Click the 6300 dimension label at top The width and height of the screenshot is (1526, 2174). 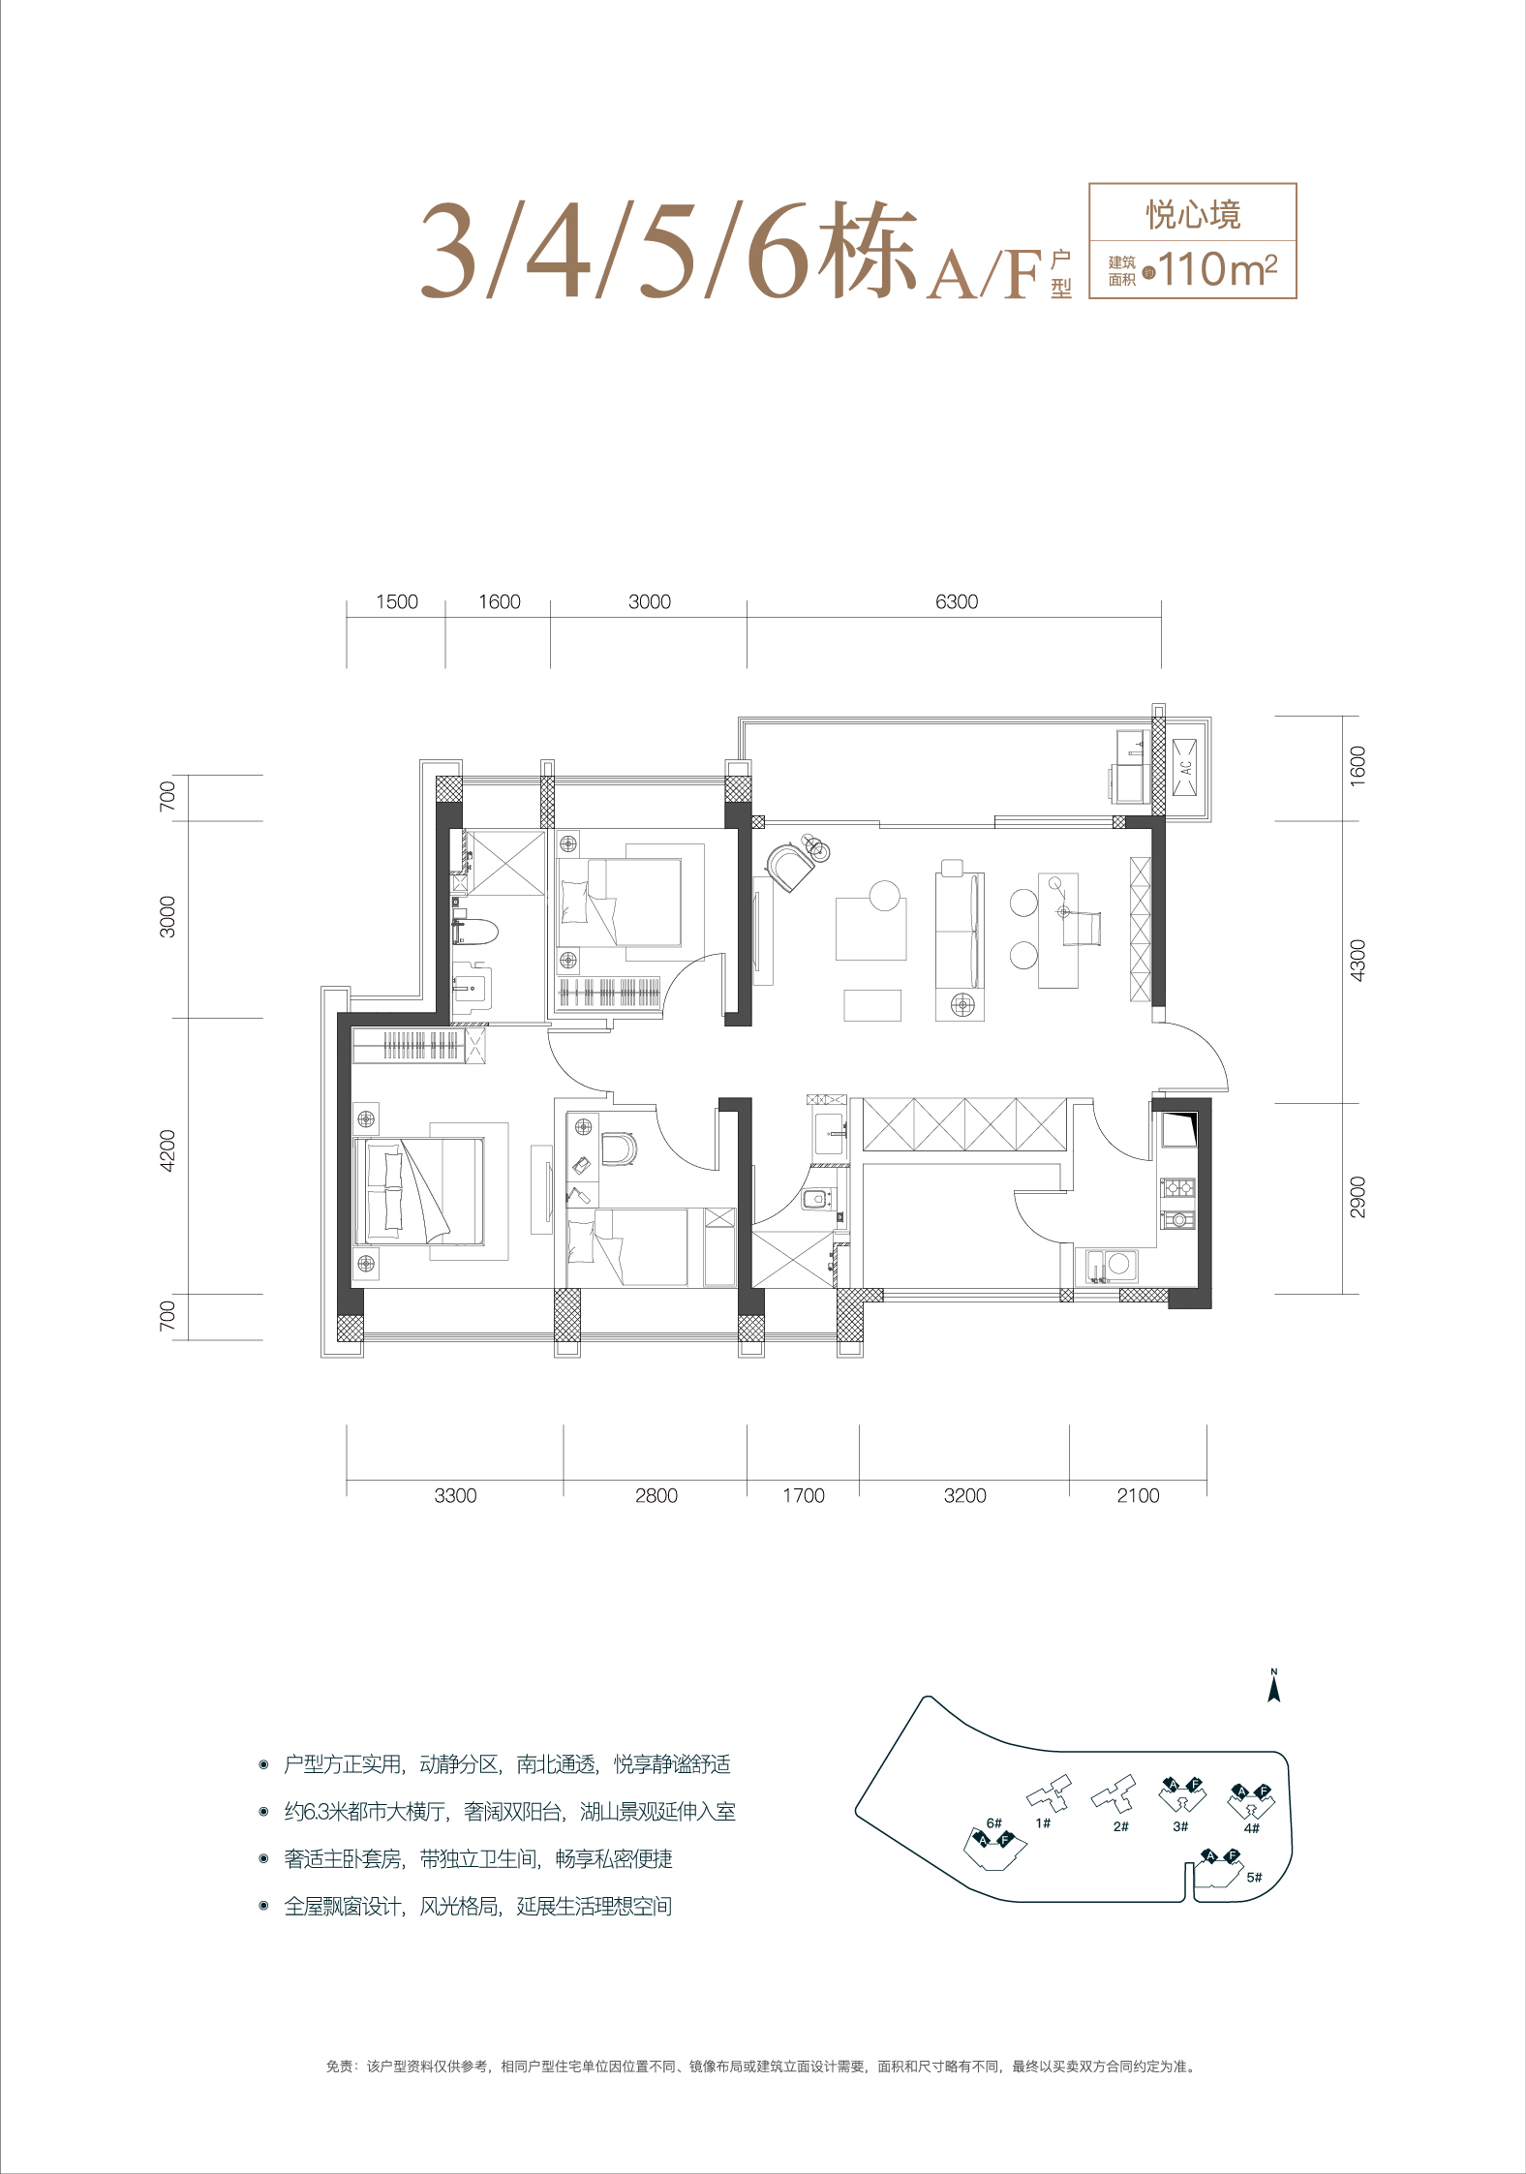pos(957,601)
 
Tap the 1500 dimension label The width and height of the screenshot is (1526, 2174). pos(397,601)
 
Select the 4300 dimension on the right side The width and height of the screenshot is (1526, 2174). pos(1358,961)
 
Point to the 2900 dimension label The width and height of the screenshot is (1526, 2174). pos(1358,1197)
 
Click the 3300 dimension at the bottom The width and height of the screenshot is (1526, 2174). pos(455,1495)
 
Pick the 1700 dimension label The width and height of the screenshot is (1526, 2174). pos(804,1495)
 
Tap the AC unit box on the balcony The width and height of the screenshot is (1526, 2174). pos(1185,767)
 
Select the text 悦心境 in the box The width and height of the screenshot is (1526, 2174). pos(1194,214)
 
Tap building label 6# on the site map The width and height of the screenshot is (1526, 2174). pos(993,1822)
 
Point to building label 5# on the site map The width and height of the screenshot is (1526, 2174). pos(1254,1877)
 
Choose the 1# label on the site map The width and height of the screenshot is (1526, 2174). pos(1043,1822)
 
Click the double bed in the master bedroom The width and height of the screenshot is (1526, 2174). pos(419,1191)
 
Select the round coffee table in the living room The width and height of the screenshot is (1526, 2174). pos(884,895)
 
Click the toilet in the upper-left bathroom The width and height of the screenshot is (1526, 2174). pos(476,932)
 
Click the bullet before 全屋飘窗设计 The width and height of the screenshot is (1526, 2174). pos(263,1906)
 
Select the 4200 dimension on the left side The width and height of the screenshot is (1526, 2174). pos(168,1150)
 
